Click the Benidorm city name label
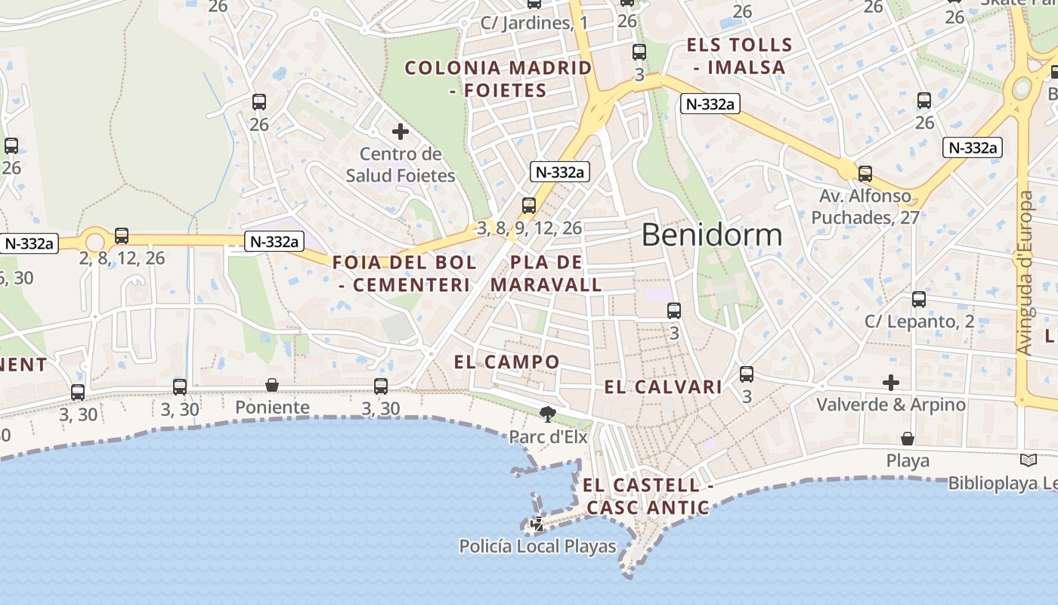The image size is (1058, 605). click(711, 235)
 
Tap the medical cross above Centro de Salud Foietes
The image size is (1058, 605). click(401, 132)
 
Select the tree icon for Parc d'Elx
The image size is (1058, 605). click(547, 414)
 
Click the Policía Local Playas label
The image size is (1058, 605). click(537, 546)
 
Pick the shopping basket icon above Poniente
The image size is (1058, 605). click(272, 386)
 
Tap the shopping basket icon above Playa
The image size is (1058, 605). click(908, 439)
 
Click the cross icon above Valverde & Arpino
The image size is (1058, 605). click(891, 383)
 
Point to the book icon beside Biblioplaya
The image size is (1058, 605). click(1028, 460)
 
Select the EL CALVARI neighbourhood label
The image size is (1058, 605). click(663, 387)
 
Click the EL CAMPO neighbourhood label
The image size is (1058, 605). click(506, 361)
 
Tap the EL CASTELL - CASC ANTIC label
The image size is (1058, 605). click(648, 496)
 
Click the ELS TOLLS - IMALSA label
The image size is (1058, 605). click(739, 56)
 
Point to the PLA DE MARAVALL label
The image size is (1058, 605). click(546, 274)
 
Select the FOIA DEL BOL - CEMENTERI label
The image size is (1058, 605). click(404, 274)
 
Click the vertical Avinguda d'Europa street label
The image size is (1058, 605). click(1025, 272)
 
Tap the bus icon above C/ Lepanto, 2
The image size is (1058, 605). click(919, 299)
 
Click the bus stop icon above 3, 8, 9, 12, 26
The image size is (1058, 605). click(529, 205)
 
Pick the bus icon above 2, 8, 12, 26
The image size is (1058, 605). click(122, 236)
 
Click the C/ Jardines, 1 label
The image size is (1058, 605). click(534, 23)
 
